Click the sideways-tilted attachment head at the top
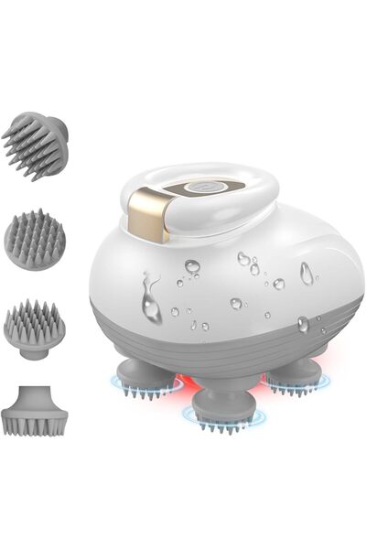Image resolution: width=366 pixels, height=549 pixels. click(x=39, y=145)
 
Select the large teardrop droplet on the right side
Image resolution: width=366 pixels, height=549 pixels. click(x=306, y=273)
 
